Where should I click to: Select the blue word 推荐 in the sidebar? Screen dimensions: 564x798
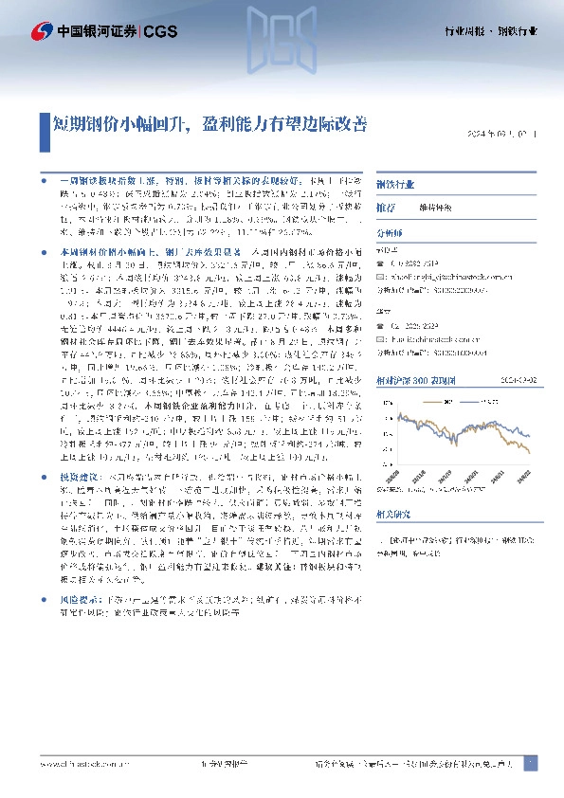pyautogui.click(x=386, y=207)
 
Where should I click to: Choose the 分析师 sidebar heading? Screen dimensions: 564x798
pyautogui.click(x=391, y=230)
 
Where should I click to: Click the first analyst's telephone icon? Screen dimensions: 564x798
pyautogui.click(x=380, y=262)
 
